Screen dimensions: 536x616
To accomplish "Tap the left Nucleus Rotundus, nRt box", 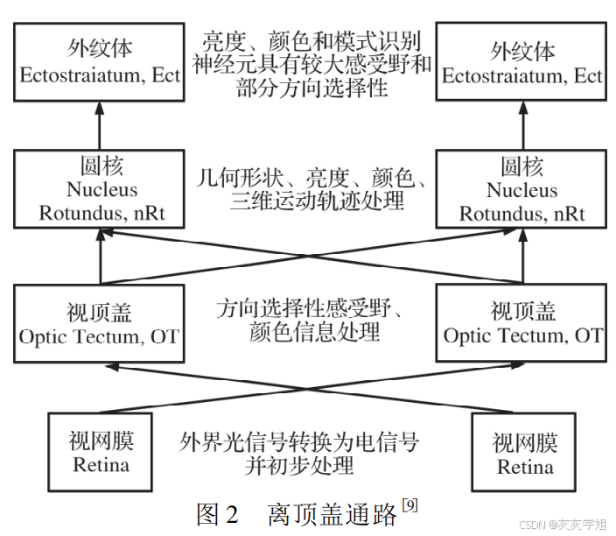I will tap(100, 189).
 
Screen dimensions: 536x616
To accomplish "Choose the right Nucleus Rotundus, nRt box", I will tap(522, 189).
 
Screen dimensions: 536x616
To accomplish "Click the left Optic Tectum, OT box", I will tap(100, 323).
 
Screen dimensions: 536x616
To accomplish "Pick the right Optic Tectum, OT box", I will tap(522, 323).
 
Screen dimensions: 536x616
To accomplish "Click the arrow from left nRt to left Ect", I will tap(100, 123).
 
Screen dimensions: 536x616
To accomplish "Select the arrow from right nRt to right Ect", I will tap(522, 123).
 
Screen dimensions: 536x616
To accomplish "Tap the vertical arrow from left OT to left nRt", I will tap(100, 258).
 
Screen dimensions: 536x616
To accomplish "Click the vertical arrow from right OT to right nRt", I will tap(522, 258).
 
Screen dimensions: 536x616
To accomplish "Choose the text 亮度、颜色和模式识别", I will tap(311, 42).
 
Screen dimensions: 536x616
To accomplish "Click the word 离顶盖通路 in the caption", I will tap(333, 514).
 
